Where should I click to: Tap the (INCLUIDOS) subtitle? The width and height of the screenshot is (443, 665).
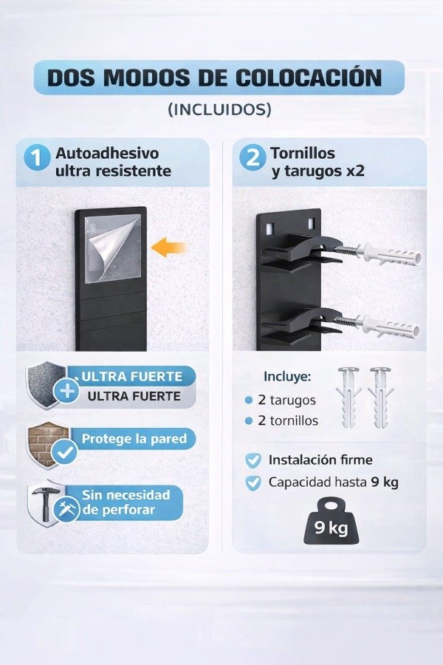coord(220,109)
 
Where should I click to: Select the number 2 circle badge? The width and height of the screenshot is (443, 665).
coord(252,159)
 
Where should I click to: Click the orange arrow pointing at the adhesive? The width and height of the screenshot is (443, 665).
coord(169,248)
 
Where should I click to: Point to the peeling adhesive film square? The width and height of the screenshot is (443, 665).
coord(111,243)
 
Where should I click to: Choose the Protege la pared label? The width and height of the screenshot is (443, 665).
coord(134,439)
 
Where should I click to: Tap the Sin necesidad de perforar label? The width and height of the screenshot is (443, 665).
coord(126,502)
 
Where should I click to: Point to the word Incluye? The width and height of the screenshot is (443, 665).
coord(287,376)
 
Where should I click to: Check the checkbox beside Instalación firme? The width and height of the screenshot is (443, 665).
coord(253,460)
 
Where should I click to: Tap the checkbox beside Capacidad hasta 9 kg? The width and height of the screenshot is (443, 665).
coord(253,482)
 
